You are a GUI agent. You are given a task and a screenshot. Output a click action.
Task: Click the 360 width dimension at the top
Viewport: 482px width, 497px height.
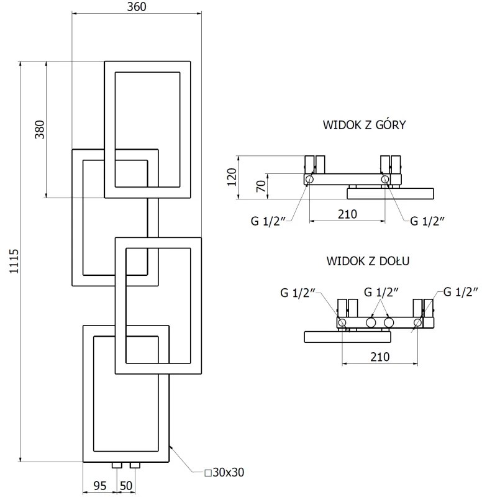click(x=137, y=7)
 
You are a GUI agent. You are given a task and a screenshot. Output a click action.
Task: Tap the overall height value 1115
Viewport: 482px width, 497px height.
click(x=14, y=262)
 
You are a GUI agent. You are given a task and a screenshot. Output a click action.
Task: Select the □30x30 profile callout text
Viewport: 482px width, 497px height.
click(x=224, y=472)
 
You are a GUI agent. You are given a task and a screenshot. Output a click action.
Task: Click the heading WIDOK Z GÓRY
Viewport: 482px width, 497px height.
click(x=364, y=125)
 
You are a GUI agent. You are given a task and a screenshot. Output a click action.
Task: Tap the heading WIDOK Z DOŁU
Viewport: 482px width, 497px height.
click(x=368, y=260)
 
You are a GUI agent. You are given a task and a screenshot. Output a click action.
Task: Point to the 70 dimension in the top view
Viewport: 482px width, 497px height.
click(x=261, y=186)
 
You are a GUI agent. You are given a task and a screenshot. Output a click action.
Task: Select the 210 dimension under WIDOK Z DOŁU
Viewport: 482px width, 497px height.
click(x=380, y=357)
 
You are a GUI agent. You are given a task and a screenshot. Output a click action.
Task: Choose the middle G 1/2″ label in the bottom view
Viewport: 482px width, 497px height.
click(x=381, y=291)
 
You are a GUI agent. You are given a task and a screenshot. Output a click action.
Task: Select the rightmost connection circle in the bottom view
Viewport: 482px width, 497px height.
click(x=418, y=322)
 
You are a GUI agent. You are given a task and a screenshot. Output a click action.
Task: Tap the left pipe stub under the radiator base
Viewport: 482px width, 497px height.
click(x=116, y=465)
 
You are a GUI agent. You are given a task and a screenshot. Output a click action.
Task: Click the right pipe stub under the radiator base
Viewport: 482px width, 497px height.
click(x=135, y=465)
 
